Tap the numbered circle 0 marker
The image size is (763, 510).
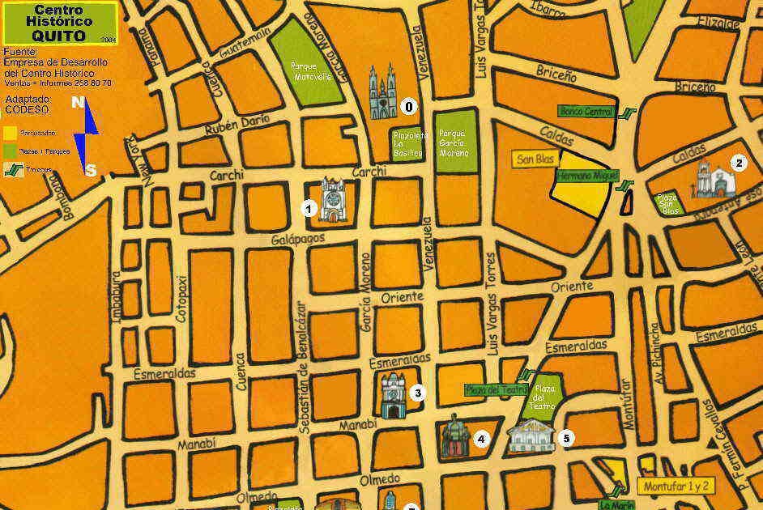click(x=408, y=106)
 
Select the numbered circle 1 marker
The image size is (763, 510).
click(x=309, y=208)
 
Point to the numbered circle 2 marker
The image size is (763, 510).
click(x=738, y=162)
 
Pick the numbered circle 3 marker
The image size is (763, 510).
click(x=417, y=393)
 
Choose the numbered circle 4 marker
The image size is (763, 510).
click(x=481, y=440)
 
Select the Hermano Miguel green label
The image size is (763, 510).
click(x=586, y=175)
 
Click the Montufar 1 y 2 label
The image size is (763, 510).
click(x=678, y=487)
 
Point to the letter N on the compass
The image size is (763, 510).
click(x=78, y=102)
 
